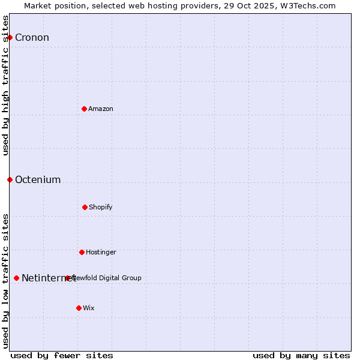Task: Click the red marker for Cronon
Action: click(x=10, y=38)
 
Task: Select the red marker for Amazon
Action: click(x=85, y=109)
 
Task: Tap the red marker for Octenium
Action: click(x=10, y=179)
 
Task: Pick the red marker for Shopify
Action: click(x=85, y=207)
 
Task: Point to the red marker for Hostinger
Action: click(x=82, y=252)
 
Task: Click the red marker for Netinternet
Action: click(x=16, y=278)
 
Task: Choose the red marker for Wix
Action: click(x=79, y=308)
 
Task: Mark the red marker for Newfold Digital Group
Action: click(x=67, y=278)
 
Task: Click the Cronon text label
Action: click(x=32, y=38)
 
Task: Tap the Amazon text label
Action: click(x=101, y=109)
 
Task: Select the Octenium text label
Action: click(x=38, y=179)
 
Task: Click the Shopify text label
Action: click(x=101, y=207)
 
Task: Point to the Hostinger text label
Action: click(x=101, y=252)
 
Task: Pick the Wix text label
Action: click(x=89, y=308)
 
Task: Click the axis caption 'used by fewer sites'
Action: click(x=62, y=355)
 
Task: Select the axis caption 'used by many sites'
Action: click(x=301, y=355)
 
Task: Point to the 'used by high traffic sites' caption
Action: click(x=5, y=85)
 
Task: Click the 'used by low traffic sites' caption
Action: click(x=5, y=281)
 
